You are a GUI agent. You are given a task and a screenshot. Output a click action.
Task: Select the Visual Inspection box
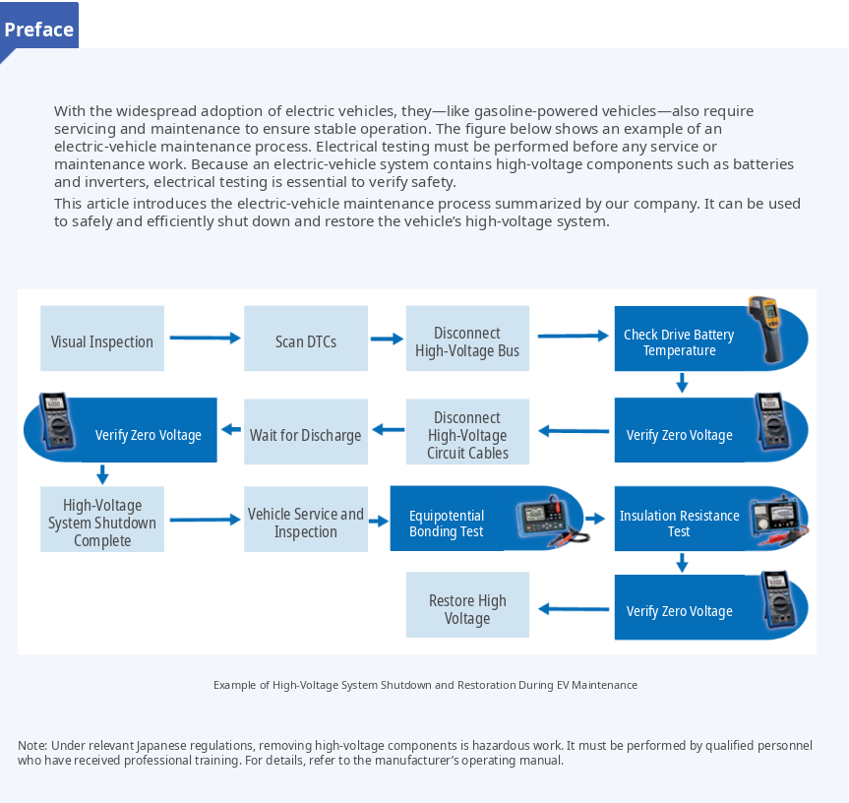[x=102, y=339]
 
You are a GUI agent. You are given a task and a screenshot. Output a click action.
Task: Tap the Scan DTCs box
[x=306, y=339]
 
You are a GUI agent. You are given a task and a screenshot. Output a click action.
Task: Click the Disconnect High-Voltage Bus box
[x=468, y=339]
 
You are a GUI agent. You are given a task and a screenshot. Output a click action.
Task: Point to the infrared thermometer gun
[x=764, y=329]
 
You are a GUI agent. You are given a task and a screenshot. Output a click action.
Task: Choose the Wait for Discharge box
[x=306, y=432]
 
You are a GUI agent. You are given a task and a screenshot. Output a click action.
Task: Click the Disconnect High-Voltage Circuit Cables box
[x=468, y=432]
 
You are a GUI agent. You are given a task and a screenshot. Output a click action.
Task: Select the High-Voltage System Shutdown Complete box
[x=102, y=520]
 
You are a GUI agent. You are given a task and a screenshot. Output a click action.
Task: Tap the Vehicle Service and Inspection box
[x=306, y=520]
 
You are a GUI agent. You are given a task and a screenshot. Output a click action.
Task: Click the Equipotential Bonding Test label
[x=447, y=524]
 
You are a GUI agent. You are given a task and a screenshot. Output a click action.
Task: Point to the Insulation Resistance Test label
[x=679, y=524]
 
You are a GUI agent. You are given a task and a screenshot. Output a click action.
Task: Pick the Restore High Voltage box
[x=468, y=605]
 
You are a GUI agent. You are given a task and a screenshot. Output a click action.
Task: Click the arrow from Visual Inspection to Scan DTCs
[x=205, y=338]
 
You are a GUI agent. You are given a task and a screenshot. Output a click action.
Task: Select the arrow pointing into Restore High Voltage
[x=574, y=609]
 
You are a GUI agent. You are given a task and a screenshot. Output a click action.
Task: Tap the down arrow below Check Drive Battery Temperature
[x=682, y=382]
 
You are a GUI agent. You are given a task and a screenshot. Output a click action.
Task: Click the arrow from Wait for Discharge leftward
[x=231, y=429]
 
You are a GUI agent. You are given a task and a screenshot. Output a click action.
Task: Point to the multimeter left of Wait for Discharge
[x=56, y=421]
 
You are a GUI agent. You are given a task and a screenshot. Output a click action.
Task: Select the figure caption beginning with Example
[x=425, y=685]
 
